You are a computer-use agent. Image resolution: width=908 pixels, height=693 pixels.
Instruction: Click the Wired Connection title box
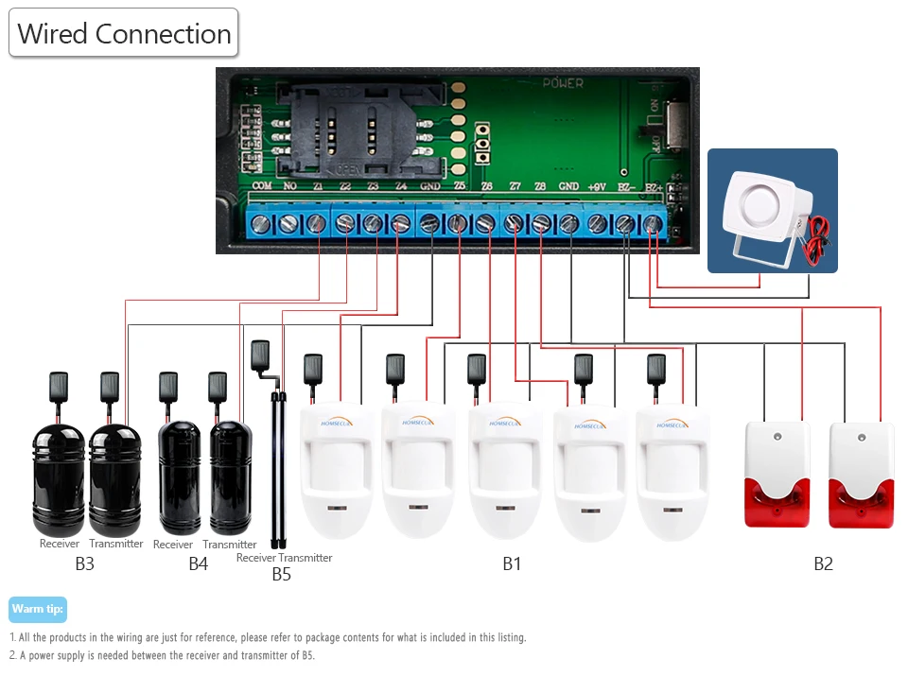[124, 34]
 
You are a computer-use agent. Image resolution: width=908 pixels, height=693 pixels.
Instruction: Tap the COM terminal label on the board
[262, 186]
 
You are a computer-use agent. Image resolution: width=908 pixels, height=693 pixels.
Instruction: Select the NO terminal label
[289, 186]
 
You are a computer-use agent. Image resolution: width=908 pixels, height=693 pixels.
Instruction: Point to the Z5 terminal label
[459, 186]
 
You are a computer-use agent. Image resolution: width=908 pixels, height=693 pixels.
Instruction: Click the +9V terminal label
[597, 186]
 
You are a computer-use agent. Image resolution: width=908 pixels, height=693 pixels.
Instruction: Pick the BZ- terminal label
[625, 186]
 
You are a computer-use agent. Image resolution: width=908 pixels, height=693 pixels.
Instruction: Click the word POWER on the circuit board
[563, 83]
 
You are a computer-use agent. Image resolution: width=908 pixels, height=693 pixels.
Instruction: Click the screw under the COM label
[262, 223]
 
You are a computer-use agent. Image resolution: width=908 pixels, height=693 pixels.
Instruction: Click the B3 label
[85, 564]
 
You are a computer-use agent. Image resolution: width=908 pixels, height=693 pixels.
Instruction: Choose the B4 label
[198, 564]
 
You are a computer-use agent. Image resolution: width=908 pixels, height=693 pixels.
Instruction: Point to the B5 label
[282, 574]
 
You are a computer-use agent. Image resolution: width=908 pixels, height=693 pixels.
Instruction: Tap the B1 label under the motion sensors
[512, 564]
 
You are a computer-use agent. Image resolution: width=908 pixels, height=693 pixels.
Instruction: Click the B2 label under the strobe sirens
[824, 564]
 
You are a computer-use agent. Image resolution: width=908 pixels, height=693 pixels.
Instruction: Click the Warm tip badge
[38, 609]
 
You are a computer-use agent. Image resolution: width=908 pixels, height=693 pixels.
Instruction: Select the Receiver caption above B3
[60, 544]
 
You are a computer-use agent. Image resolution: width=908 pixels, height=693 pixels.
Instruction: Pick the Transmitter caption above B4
[230, 545]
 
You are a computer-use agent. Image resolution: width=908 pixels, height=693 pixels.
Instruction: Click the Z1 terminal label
[318, 186]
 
